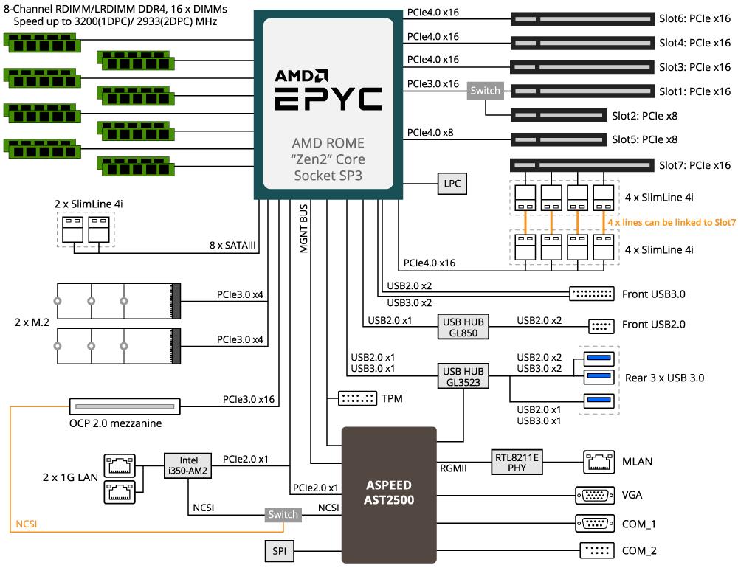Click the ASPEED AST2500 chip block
coord(389,494)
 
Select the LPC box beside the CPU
coord(452,184)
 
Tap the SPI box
coord(279,550)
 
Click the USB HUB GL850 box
coord(463,327)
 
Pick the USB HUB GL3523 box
coord(463,376)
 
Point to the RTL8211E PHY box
coord(517,462)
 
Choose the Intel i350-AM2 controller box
coord(187,465)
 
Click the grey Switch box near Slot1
coord(486,91)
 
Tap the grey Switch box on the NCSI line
coord(283,514)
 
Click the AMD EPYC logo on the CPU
coord(328,90)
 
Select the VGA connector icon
coord(595,495)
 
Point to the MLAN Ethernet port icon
coord(599,462)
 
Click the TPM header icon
coord(357,398)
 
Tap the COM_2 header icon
coord(597,550)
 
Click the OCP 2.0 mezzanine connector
coord(125,406)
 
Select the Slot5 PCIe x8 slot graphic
coord(558,139)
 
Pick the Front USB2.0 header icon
coord(601,326)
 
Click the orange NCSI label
coord(27,524)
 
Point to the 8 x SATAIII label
coord(232,245)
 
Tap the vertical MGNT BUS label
coord(303,228)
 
